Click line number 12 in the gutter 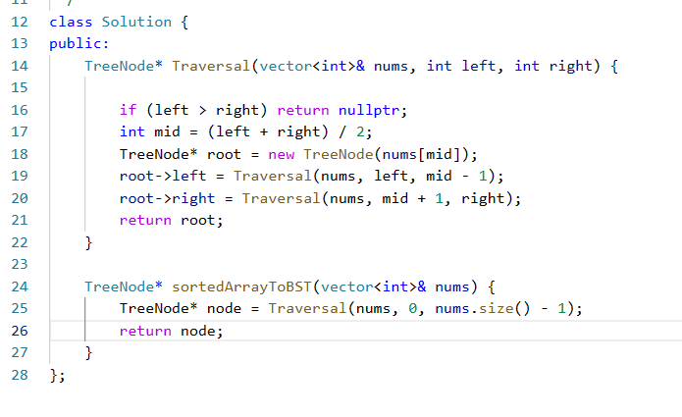[21, 21]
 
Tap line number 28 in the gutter [21, 374]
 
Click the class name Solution [136, 21]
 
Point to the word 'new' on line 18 [281, 154]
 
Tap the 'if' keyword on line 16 [128, 109]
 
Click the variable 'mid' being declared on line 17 [163, 131]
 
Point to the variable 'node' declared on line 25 [224, 308]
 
